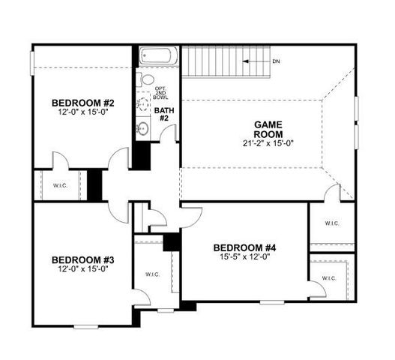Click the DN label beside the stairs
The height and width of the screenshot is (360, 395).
pyautogui.click(x=277, y=61)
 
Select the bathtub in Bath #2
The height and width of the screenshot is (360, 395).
pyautogui.click(x=157, y=57)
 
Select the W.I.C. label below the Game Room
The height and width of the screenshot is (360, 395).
pyautogui.click(x=332, y=223)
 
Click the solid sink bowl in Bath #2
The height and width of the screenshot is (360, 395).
pyautogui.click(x=143, y=129)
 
